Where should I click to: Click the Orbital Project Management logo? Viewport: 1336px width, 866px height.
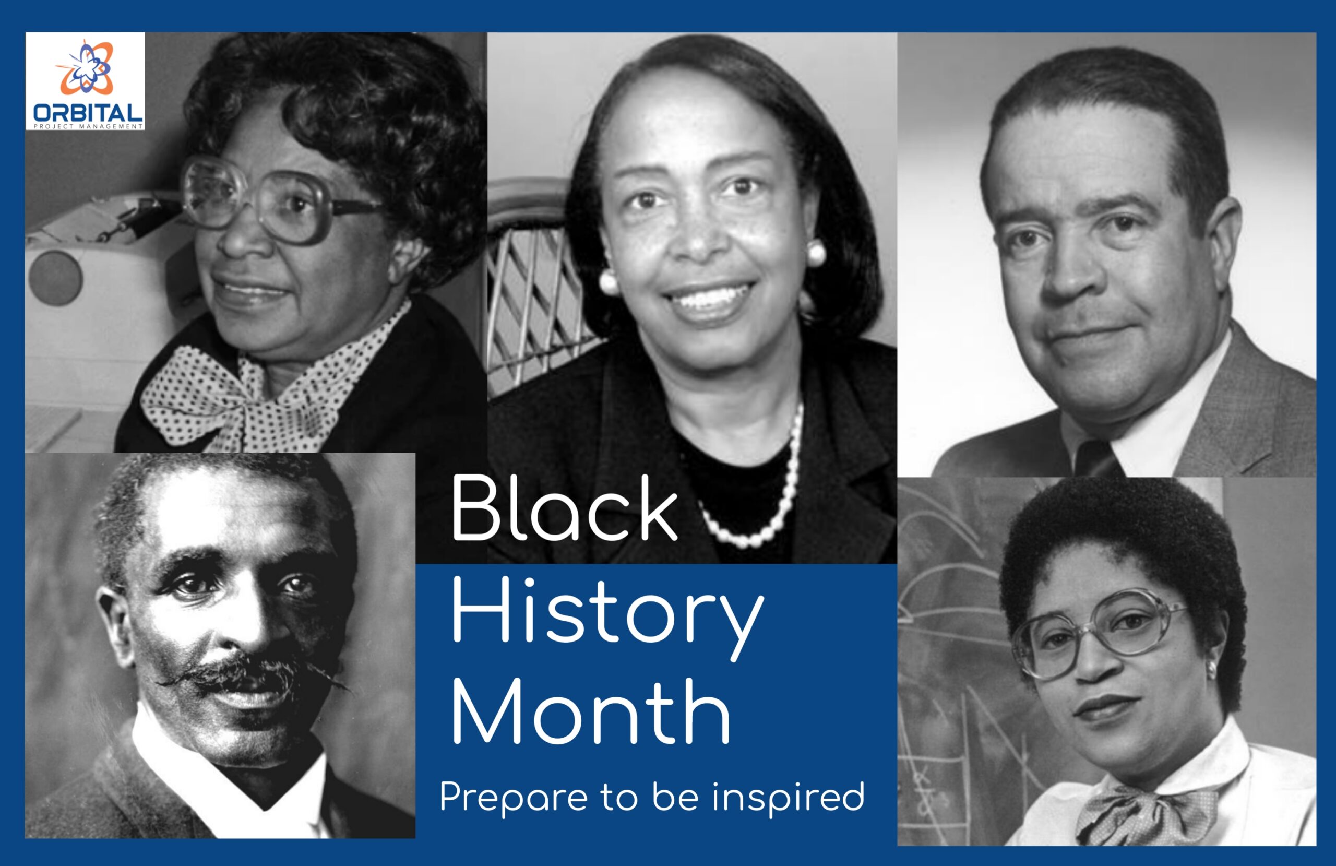coord(85,81)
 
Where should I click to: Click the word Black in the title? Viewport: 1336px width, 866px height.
coord(564,508)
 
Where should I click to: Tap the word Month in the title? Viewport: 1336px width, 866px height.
coord(591,712)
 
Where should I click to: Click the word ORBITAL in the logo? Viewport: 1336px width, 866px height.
coord(88,113)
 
